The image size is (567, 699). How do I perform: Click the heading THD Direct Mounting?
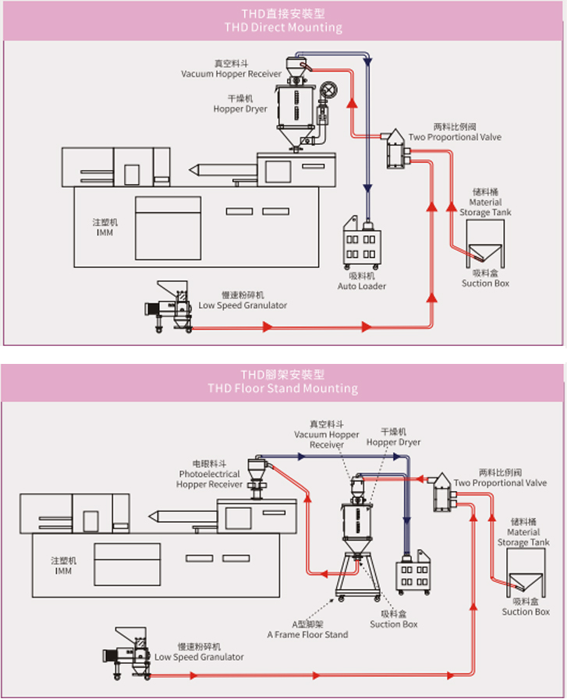(x=283, y=27)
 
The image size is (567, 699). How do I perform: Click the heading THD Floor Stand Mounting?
(x=283, y=388)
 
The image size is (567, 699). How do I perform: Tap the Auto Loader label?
(x=361, y=286)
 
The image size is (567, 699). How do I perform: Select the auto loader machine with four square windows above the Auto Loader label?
(x=362, y=247)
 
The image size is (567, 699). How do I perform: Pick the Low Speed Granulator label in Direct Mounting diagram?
(x=243, y=305)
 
